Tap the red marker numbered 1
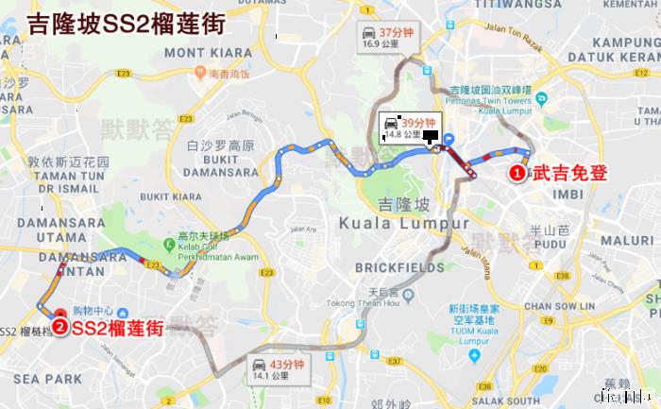click(518, 173)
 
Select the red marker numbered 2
click(59, 327)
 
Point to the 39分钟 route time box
click(407, 128)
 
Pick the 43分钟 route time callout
click(274, 366)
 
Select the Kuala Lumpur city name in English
click(403, 223)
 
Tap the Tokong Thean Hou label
click(359, 302)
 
